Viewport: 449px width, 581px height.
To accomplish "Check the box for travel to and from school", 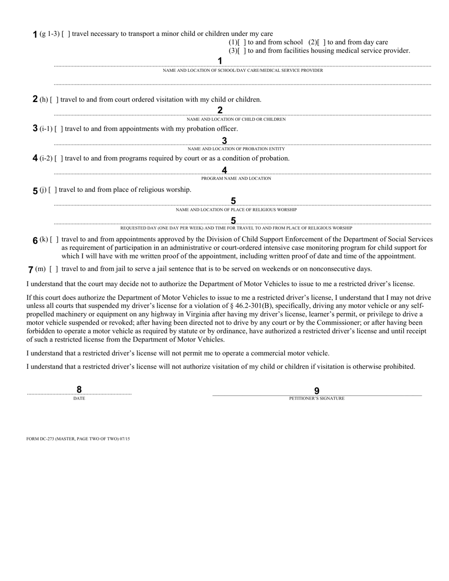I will (x=242, y=43).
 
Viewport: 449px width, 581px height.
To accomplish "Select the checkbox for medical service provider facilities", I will (x=242, y=51).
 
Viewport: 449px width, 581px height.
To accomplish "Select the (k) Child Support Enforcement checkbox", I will (x=54, y=239).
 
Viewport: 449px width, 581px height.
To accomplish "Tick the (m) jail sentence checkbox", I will (x=54, y=269).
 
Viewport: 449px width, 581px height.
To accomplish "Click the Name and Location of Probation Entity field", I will (x=242, y=144).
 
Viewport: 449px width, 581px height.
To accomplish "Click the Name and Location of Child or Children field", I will (x=242, y=114).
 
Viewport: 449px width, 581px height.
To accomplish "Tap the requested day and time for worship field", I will (x=242, y=222).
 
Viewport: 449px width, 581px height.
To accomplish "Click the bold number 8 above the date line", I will (x=79, y=390).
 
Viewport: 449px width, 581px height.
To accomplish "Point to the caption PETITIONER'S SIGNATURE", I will (x=317, y=399).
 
